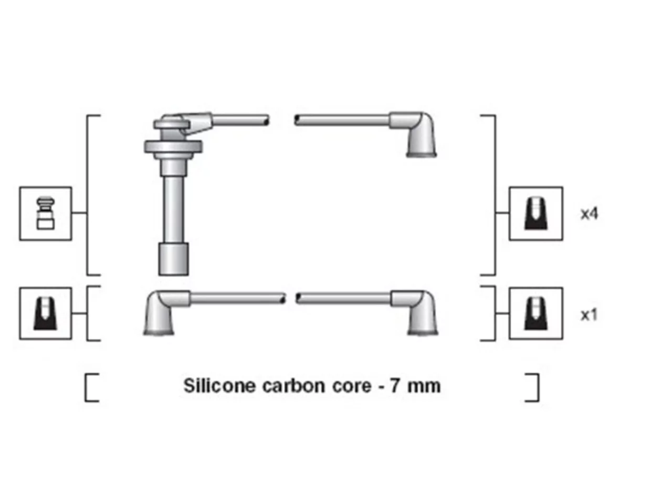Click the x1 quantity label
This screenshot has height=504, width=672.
click(589, 314)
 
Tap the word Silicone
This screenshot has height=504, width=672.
click(219, 385)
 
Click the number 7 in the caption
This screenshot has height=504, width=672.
click(395, 386)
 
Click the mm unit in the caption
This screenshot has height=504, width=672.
click(424, 387)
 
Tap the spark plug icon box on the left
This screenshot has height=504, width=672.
click(46, 213)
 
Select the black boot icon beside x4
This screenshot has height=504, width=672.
click(536, 214)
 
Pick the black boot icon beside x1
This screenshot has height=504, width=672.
click(536, 313)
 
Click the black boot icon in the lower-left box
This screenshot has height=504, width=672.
click(45, 313)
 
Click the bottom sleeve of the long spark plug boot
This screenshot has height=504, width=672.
click(173, 259)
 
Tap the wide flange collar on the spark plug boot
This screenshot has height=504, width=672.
click(173, 146)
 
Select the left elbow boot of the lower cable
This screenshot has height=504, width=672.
click(163, 312)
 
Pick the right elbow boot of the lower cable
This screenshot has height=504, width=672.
click(419, 312)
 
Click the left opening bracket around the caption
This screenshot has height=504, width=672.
click(88, 387)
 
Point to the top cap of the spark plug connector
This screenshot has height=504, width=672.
click(172, 124)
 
